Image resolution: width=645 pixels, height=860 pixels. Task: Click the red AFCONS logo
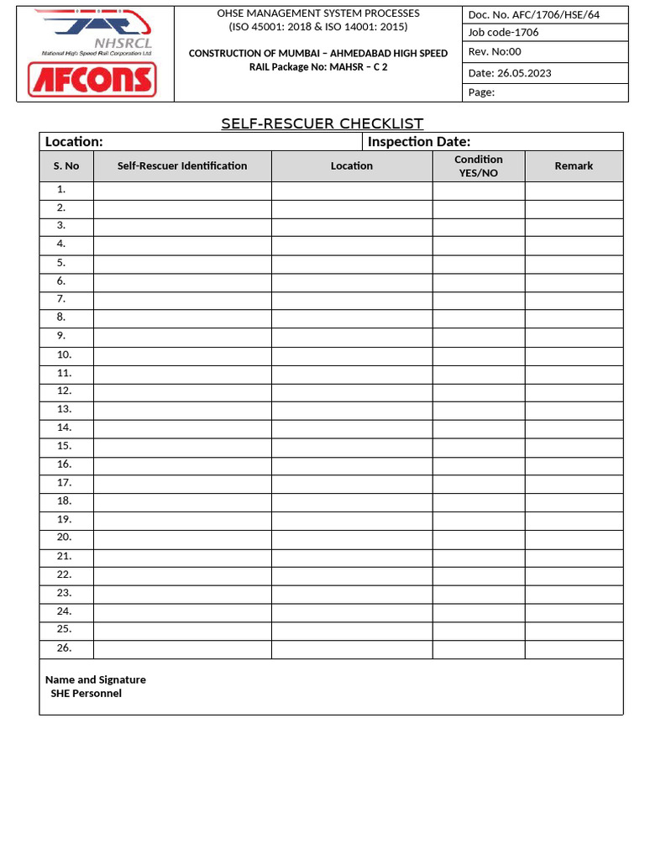coord(92,80)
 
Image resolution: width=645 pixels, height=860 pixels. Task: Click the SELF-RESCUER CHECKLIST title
coord(322,123)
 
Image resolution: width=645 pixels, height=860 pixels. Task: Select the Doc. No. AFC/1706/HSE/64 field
coord(534,15)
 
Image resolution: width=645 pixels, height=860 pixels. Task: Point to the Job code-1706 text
coord(504,32)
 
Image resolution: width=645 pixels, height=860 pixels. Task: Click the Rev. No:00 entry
coord(495,51)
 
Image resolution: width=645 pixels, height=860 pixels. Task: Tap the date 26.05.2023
coord(510,72)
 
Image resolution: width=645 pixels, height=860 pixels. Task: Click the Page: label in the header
coord(481,92)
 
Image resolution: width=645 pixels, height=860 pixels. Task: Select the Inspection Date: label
coord(419,141)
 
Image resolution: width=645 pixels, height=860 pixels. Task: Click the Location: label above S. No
coord(74,141)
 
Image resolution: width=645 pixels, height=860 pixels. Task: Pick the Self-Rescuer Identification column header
coord(182,165)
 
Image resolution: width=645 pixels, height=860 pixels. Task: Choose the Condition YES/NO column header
coord(479,165)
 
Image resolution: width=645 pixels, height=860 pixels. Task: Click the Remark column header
coord(574,165)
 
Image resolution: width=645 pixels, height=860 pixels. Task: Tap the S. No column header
coord(66,165)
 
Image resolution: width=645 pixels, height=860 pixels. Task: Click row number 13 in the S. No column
coord(65,409)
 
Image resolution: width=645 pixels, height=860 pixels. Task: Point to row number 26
coord(65,648)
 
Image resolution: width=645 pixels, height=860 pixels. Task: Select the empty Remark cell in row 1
coord(574,190)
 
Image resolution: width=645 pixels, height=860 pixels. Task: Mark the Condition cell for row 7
coord(479,300)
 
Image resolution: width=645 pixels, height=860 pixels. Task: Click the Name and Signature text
coord(96,679)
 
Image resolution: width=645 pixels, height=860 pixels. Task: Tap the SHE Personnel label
coord(86,693)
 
